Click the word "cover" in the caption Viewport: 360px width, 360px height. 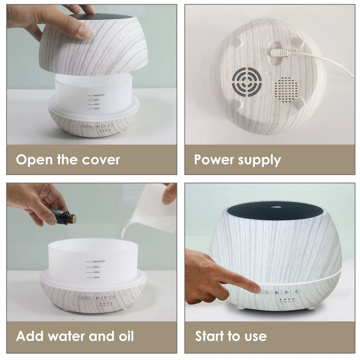[101, 160]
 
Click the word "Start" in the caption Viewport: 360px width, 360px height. [210, 336]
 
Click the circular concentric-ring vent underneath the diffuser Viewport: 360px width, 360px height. [247, 82]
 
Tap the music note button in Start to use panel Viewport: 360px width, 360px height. [296, 292]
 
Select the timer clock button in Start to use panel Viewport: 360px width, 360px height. [267, 292]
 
